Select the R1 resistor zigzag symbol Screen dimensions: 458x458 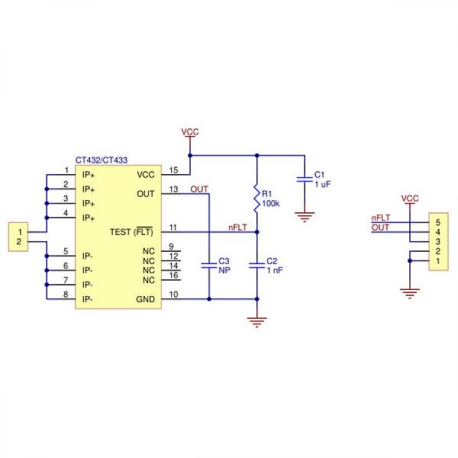(x=256, y=200)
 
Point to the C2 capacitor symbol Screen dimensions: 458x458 (x=256, y=266)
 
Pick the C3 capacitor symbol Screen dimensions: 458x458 (x=208, y=266)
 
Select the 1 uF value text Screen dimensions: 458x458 (x=321, y=184)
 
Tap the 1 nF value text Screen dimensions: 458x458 (x=275, y=269)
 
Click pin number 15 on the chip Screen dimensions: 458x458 (x=174, y=169)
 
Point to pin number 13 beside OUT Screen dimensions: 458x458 (x=174, y=189)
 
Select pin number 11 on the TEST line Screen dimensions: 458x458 (x=174, y=227)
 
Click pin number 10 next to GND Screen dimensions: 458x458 (x=174, y=294)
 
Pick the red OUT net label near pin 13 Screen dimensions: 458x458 (x=198, y=189)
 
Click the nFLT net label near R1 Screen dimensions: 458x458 (x=237, y=227)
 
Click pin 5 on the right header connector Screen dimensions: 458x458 (x=437, y=222)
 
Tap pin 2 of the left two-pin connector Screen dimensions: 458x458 (x=17, y=241)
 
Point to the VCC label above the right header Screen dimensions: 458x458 (x=410, y=198)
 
